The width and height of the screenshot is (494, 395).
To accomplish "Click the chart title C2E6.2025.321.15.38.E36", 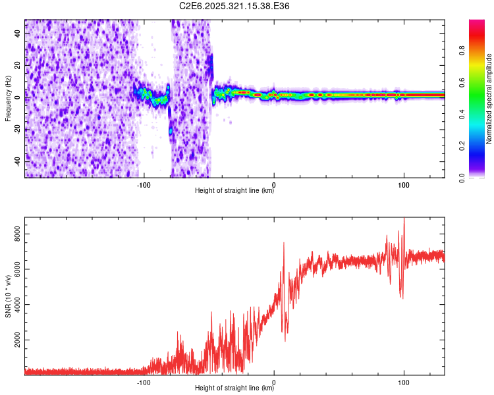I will click(x=235, y=6).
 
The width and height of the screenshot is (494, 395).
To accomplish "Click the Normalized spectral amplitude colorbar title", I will click(x=489, y=99).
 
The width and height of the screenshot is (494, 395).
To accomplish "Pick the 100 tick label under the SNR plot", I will click(x=404, y=381).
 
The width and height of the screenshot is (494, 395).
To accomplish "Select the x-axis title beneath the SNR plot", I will click(x=234, y=388).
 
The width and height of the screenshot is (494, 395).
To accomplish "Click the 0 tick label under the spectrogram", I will click(x=274, y=184).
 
